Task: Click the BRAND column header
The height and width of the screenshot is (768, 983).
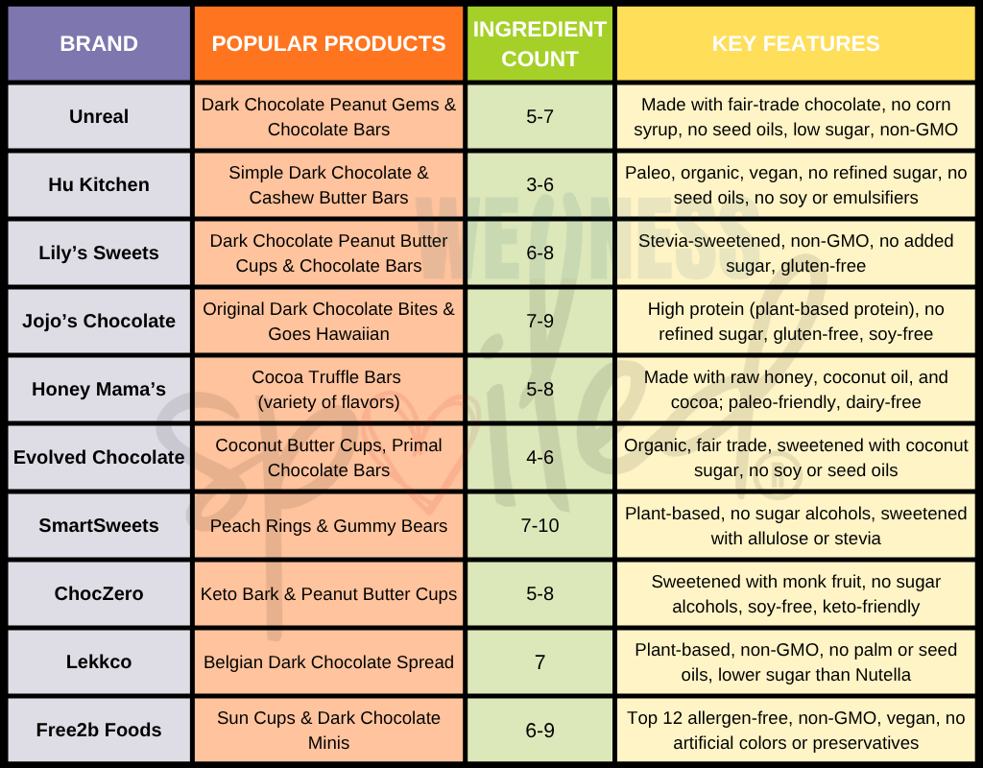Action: point(99,44)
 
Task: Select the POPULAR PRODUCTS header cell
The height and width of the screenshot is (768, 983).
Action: point(328,44)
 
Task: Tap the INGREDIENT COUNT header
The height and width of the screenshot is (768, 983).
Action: point(539,44)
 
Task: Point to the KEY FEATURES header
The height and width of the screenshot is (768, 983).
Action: point(795,44)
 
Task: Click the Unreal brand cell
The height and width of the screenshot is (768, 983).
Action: point(99,116)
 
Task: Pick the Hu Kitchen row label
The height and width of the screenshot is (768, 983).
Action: point(99,184)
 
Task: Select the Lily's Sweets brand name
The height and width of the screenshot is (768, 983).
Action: point(99,252)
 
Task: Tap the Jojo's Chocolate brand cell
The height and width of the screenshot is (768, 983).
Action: point(99,321)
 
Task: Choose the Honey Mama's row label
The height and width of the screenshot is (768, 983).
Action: point(99,389)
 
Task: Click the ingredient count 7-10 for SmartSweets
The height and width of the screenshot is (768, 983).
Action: point(539,525)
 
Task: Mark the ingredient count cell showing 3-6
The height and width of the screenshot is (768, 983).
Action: point(539,184)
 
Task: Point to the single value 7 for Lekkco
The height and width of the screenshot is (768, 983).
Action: point(539,661)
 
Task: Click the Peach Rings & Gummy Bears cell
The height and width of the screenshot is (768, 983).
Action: point(328,525)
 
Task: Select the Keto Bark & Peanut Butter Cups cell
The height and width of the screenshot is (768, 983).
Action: point(328,593)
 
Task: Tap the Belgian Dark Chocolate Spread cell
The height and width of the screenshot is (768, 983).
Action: point(328,661)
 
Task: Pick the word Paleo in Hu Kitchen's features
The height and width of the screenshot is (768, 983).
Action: point(648,173)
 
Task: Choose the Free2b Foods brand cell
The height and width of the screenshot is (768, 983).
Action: point(99,730)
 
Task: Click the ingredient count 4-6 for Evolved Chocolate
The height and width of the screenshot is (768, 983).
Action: point(539,457)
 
